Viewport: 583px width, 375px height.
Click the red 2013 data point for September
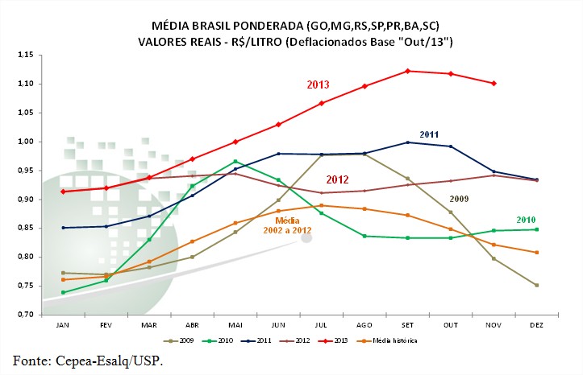tap(408, 71)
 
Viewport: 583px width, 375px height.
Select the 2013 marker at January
tap(64, 192)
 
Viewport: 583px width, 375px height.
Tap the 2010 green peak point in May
tap(235, 162)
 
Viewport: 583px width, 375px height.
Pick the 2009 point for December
tap(536, 286)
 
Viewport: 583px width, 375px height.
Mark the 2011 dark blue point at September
tap(408, 142)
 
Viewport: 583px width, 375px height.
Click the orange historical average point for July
tap(322, 205)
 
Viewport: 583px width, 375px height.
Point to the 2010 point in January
tap(64, 292)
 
